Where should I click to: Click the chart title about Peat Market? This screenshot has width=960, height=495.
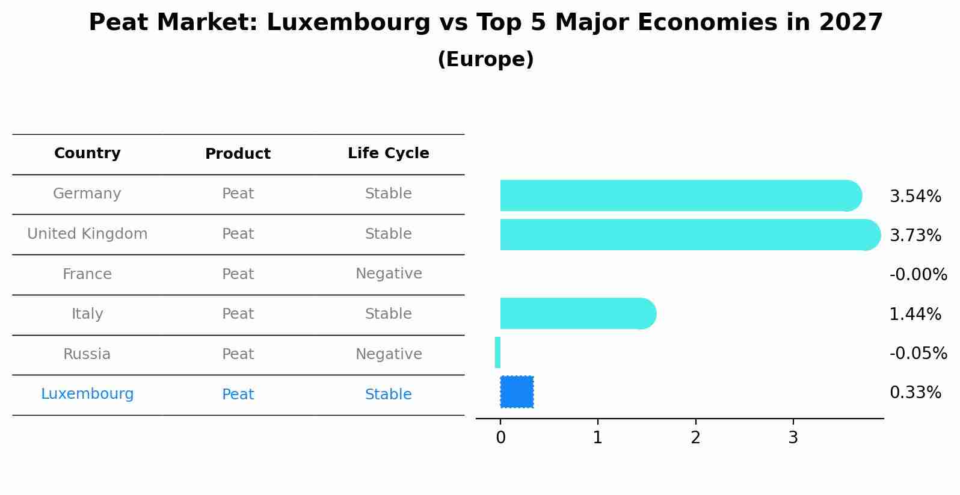[x=485, y=23]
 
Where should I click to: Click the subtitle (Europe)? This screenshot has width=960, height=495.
[x=485, y=60]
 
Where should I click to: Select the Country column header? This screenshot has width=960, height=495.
[x=87, y=153]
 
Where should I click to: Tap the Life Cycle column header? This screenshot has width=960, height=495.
[x=388, y=153]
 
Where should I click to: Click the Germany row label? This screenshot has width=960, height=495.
[x=87, y=194]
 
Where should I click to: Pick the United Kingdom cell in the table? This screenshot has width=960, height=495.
[x=87, y=234]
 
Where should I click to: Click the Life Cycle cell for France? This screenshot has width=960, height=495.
[x=388, y=274]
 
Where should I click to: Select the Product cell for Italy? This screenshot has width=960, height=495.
[x=238, y=314]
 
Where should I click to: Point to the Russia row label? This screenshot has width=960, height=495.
[x=87, y=354]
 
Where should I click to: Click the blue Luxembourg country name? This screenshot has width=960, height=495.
[x=87, y=394]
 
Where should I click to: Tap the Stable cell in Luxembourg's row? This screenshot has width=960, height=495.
[x=388, y=395]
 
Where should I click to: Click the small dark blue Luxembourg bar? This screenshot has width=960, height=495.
[x=517, y=392]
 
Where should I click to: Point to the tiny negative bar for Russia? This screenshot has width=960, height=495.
[x=497, y=352]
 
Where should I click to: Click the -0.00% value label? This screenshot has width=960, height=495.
[x=918, y=275]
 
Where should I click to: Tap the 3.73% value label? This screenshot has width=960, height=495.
[x=915, y=236]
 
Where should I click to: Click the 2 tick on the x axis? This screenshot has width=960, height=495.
[x=695, y=438]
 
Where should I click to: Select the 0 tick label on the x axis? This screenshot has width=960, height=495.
[x=500, y=438]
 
